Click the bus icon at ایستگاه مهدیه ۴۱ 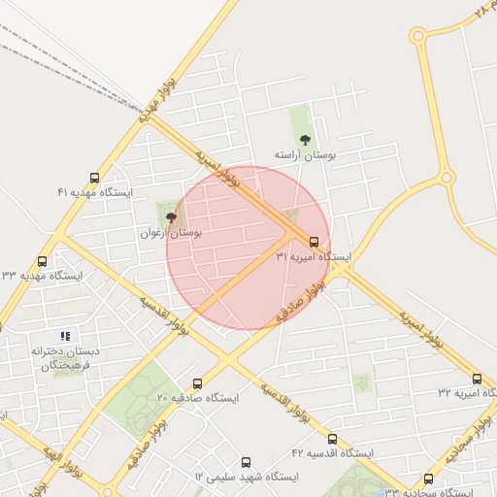pos(94,178)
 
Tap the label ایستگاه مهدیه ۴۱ pos(94,192)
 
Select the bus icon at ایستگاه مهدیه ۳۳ pos(42,261)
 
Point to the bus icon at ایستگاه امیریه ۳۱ pos(314,242)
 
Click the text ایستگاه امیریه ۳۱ pos(314,256)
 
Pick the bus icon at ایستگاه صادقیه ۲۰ pos(198,383)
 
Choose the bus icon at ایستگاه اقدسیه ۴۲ pos(332,439)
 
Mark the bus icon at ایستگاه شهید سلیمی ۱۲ pos(245,462)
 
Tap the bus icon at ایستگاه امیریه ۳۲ pos(477,378)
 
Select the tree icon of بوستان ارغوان pos(171,218)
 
